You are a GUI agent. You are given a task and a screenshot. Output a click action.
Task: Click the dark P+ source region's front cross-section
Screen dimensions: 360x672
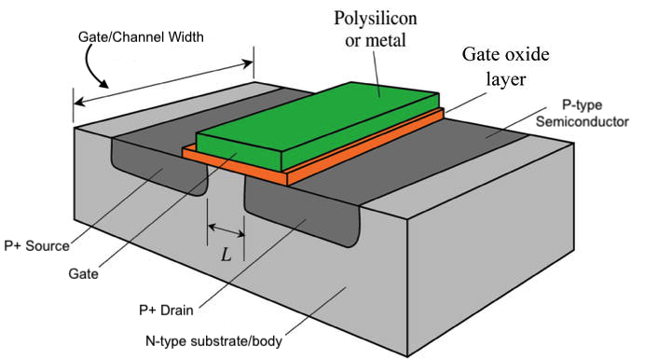point(158,173)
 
